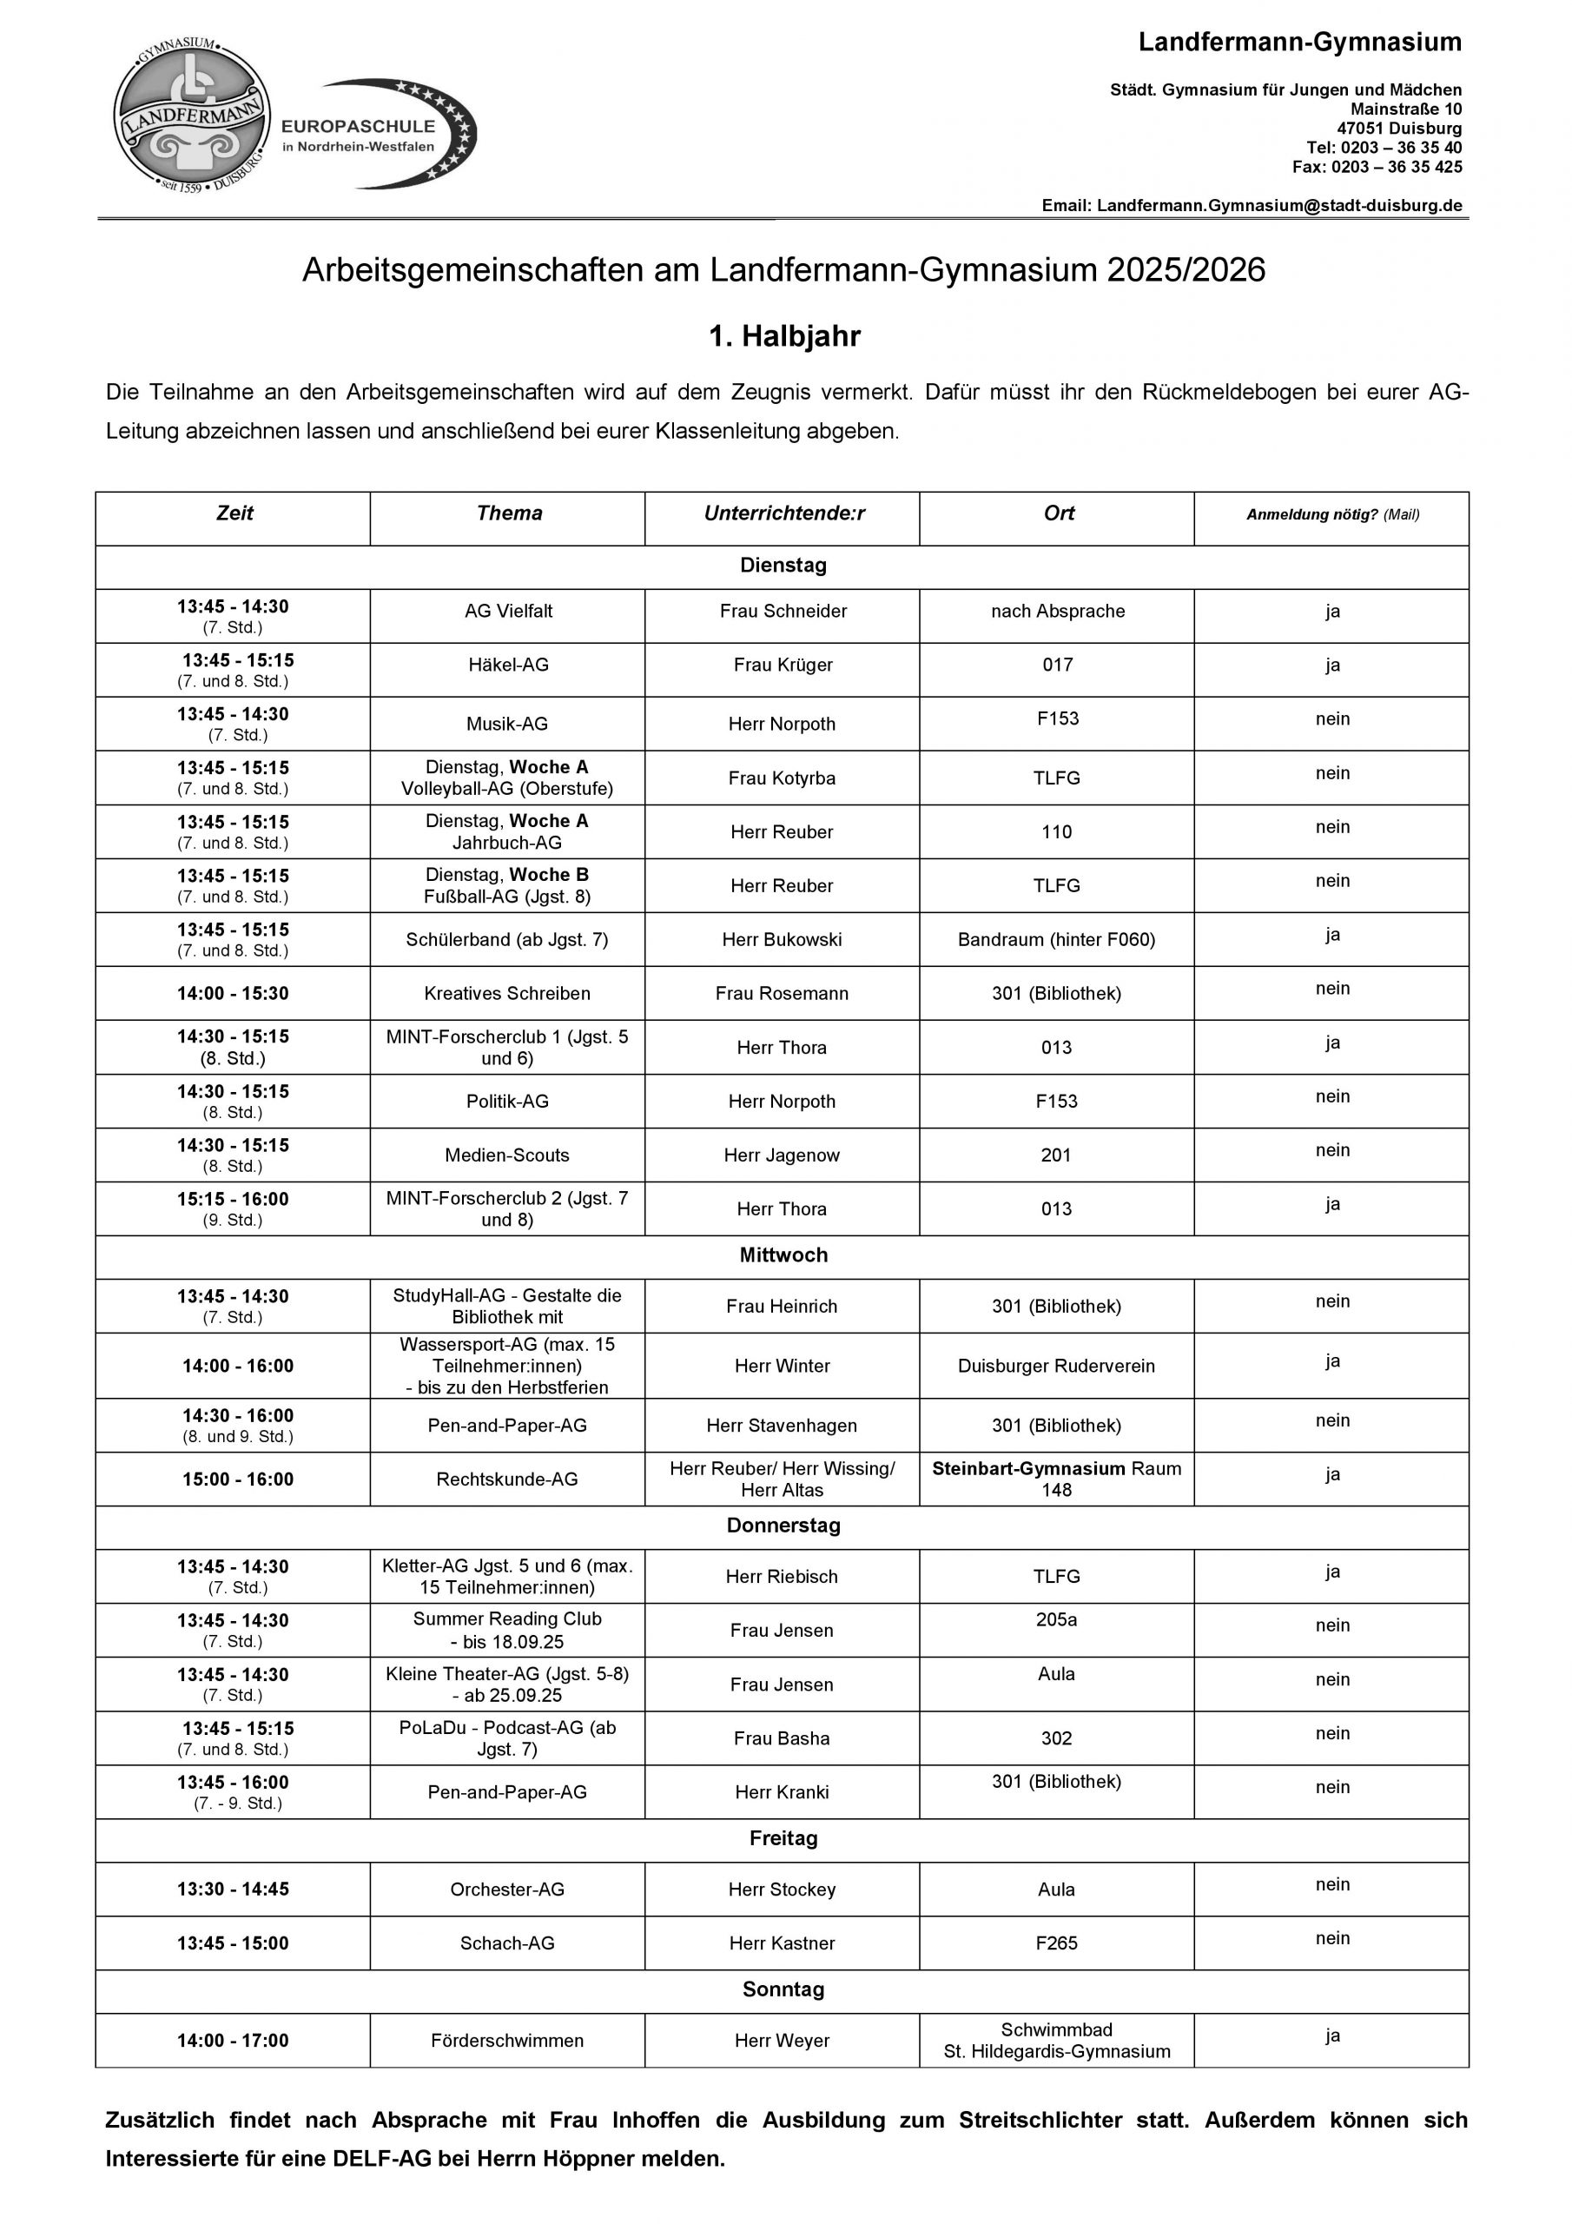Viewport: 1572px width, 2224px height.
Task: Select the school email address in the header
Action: [x=1278, y=205]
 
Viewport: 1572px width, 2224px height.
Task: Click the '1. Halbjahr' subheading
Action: [x=784, y=336]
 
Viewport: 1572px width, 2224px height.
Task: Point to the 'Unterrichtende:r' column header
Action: [x=783, y=513]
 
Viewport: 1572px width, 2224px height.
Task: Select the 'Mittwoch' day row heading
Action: [x=783, y=1254]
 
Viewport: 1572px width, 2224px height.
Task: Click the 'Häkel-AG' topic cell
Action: [x=507, y=665]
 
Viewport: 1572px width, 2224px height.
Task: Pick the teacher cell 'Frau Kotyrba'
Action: [x=782, y=778]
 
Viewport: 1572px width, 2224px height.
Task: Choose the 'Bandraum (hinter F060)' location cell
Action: [x=1056, y=940]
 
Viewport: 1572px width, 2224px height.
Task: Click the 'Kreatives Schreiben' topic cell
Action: [x=506, y=993]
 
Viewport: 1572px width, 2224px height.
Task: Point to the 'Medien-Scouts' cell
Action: [x=506, y=1155]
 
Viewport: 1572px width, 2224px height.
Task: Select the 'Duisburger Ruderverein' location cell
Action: [x=1056, y=1366]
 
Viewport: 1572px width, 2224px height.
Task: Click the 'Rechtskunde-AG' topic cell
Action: [x=506, y=1479]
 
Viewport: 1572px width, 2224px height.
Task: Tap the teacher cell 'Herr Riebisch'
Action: [x=782, y=1577]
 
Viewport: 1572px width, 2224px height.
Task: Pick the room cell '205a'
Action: [x=1056, y=1619]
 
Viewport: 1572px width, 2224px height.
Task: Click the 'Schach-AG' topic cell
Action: [x=506, y=1943]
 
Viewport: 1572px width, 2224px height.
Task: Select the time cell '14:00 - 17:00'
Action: [x=233, y=2041]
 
